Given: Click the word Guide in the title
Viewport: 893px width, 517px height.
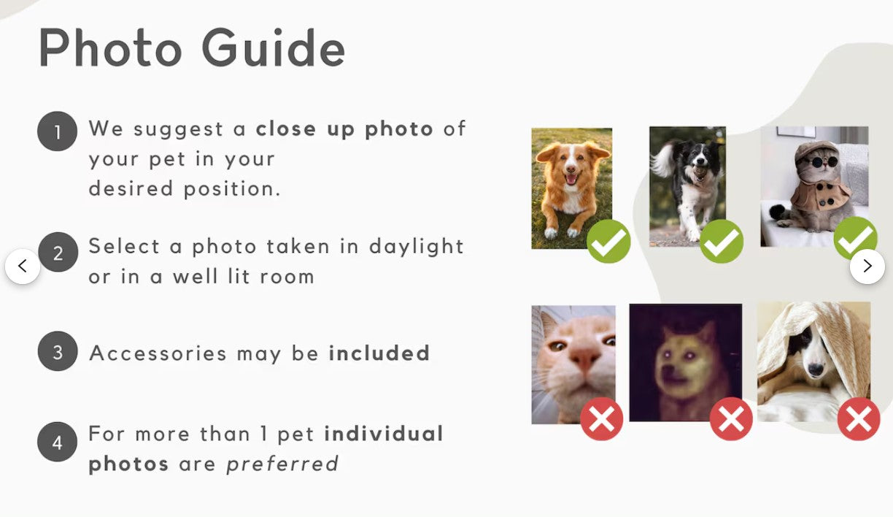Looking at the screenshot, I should tap(273, 48).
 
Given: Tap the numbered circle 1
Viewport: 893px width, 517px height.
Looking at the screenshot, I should tap(57, 132).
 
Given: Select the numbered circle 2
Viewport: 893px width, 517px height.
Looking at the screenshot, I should tap(57, 252).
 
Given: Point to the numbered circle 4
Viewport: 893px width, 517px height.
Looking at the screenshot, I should tap(57, 442).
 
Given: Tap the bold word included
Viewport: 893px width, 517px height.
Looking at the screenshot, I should tap(379, 353).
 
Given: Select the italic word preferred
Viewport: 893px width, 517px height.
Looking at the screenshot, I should tap(282, 464).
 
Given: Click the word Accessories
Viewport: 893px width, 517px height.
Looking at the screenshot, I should tap(158, 353).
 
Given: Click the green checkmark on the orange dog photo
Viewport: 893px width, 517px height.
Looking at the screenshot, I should tap(608, 242).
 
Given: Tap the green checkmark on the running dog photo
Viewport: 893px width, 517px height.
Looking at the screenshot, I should tap(722, 242).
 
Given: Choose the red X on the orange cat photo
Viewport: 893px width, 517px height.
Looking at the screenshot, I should tap(602, 419).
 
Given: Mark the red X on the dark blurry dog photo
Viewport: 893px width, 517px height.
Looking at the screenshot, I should tap(731, 419).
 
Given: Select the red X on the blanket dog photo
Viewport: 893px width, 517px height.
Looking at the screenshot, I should tap(858, 419).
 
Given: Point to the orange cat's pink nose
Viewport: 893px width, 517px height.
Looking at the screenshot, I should tap(581, 358).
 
